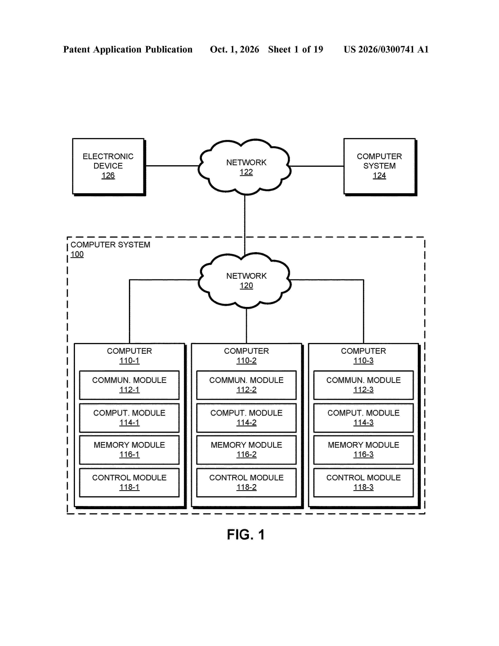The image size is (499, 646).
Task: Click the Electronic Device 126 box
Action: (108, 167)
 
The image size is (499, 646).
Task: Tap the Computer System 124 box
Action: (380, 167)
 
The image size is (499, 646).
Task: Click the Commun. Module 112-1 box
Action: (129, 385)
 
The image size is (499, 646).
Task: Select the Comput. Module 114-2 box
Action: (246, 418)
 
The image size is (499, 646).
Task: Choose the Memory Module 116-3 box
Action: (363, 450)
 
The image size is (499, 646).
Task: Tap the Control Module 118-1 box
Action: (129, 482)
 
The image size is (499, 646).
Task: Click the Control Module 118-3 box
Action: (363, 482)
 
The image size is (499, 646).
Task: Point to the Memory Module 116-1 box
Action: (129, 450)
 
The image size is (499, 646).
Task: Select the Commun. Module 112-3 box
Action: (363, 385)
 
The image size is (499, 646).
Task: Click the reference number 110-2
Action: (246, 361)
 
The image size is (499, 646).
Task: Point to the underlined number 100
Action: (77, 254)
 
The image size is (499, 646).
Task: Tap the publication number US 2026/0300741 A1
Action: (386, 49)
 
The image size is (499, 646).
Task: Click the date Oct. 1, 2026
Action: (234, 49)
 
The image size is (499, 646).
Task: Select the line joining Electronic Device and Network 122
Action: (172, 166)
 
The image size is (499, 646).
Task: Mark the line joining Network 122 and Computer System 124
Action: (317, 166)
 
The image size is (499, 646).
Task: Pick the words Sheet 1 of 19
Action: (296, 49)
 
